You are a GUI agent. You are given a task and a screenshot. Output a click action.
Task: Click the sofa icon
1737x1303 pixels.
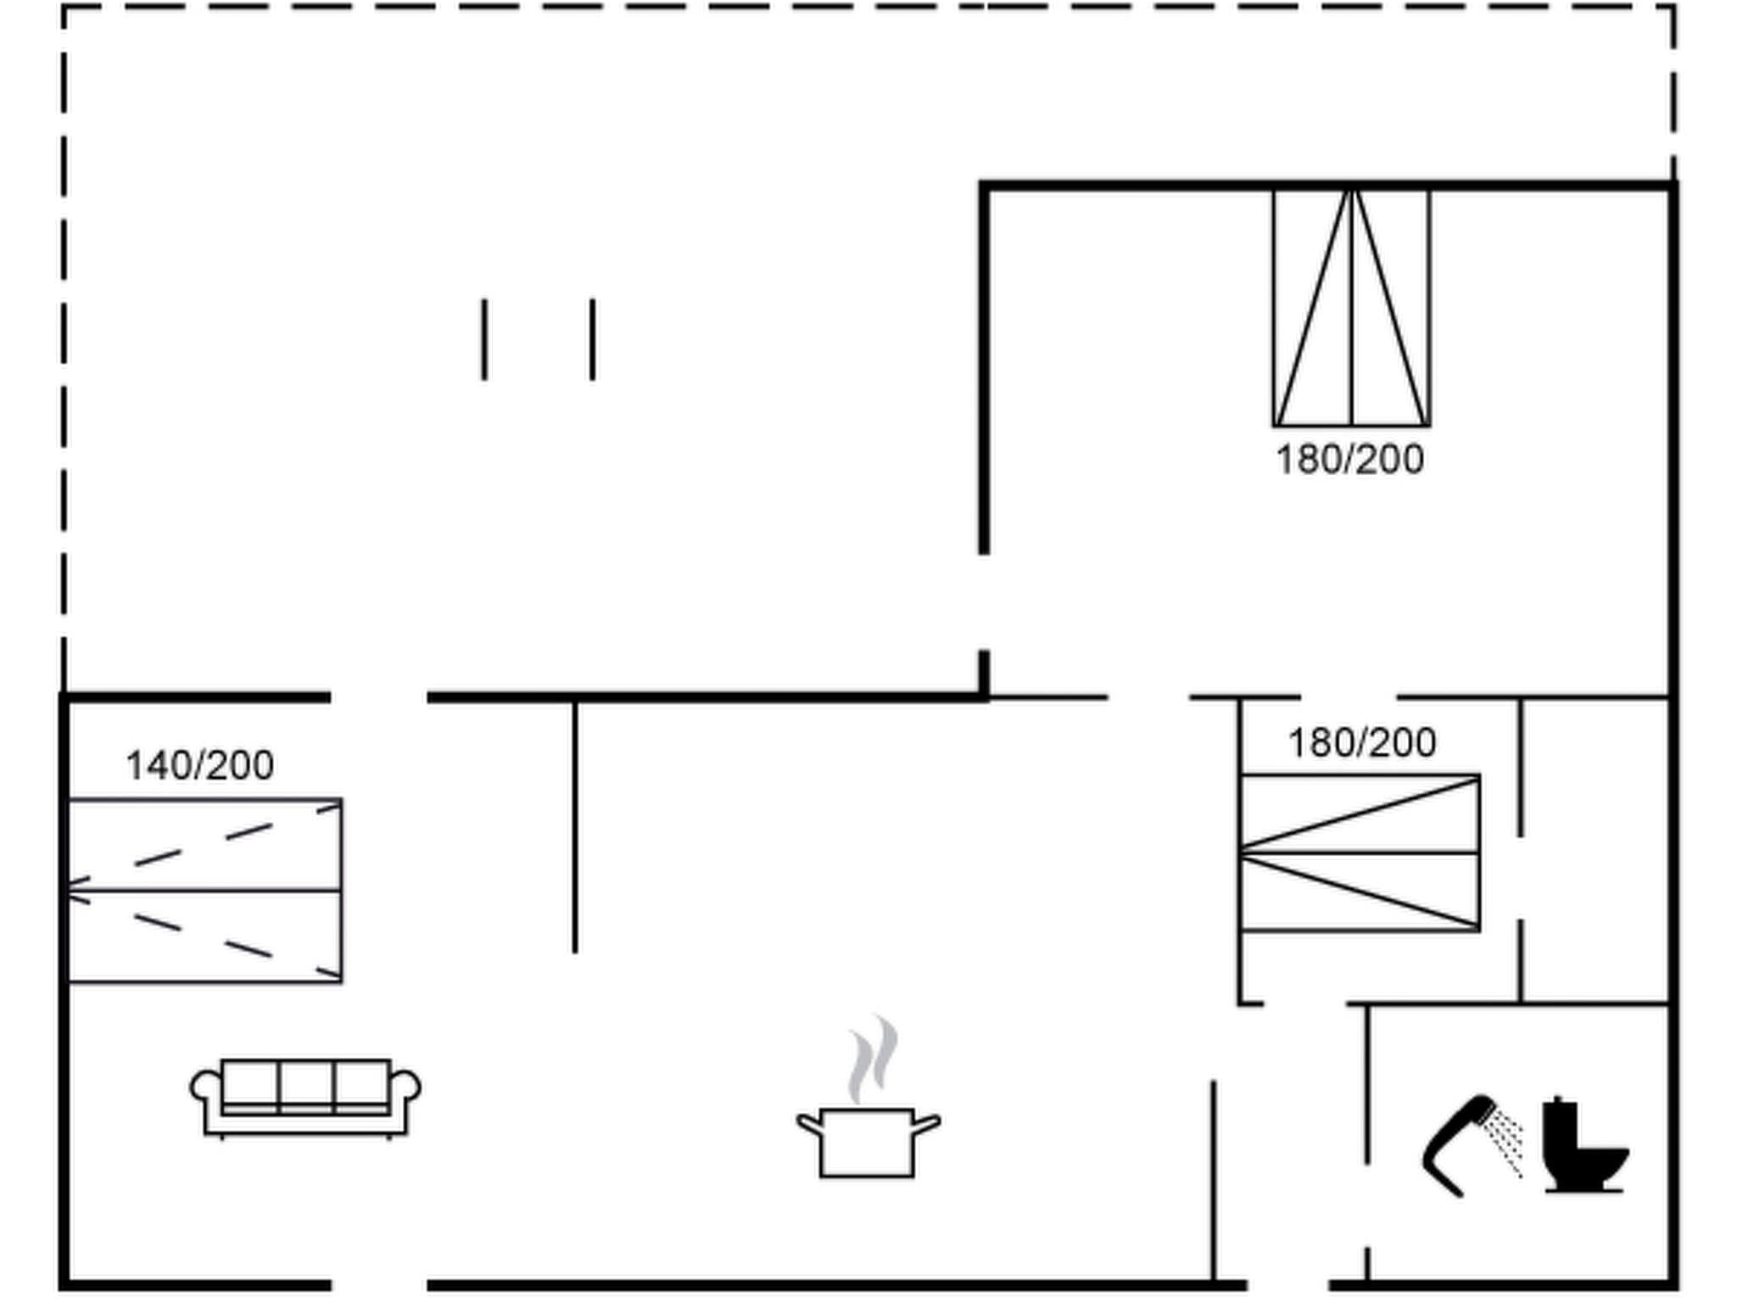(x=305, y=1096)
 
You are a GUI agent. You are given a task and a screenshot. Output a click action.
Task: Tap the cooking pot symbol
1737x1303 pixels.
(x=867, y=1140)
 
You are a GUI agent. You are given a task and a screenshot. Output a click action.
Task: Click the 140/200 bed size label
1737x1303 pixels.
(x=200, y=765)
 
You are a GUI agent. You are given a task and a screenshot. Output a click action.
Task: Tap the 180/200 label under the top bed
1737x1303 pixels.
(x=1349, y=460)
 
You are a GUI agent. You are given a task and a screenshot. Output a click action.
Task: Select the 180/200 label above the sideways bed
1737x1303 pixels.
(x=1362, y=743)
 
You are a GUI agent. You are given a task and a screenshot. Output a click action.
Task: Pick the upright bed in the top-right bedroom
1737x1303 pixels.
(x=1351, y=307)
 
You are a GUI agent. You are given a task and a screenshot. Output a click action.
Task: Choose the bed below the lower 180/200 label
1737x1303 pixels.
(x=1360, y=853)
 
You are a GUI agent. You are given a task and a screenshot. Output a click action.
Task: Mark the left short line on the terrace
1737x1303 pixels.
(x=484, y=339)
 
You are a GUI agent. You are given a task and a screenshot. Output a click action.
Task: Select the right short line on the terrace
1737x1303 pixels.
(x=592, y=339)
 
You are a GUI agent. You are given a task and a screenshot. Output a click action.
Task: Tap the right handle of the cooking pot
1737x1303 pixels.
(x=927, y=1125)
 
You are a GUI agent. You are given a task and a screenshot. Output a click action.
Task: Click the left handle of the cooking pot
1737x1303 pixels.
(x=809, y=1125)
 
